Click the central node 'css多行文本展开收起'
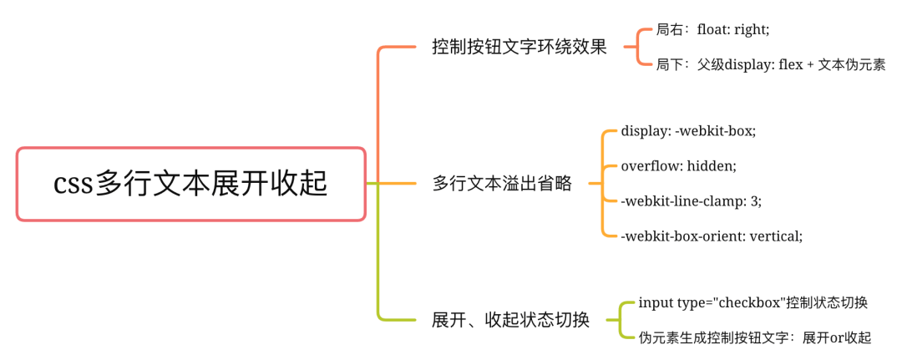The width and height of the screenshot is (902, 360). tap(191, 184)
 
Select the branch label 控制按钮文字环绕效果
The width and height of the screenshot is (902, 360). tap(519, 47)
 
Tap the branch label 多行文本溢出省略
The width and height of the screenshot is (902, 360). tap(502, 184)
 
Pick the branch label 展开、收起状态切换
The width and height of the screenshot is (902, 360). tap(511, 320)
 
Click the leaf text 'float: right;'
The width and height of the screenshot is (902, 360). tap(733, 30)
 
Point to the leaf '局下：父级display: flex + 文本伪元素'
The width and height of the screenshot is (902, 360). tap(771, 64)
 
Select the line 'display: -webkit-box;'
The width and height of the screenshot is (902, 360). tap(688, 130)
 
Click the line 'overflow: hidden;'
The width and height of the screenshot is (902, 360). tap(679, 165)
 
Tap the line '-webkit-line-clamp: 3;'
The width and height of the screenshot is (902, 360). tap(692, 200)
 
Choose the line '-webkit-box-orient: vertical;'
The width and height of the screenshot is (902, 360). tap(712, 236)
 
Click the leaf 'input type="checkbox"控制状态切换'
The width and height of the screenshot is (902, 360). tap(753, 302)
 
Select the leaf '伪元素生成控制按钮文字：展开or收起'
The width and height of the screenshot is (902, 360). tap(755, 337)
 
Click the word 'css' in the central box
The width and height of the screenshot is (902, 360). tap(73, 185)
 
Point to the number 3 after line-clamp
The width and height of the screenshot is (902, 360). tap(754, 200)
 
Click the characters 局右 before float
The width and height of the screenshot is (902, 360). tap(668, 30)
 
